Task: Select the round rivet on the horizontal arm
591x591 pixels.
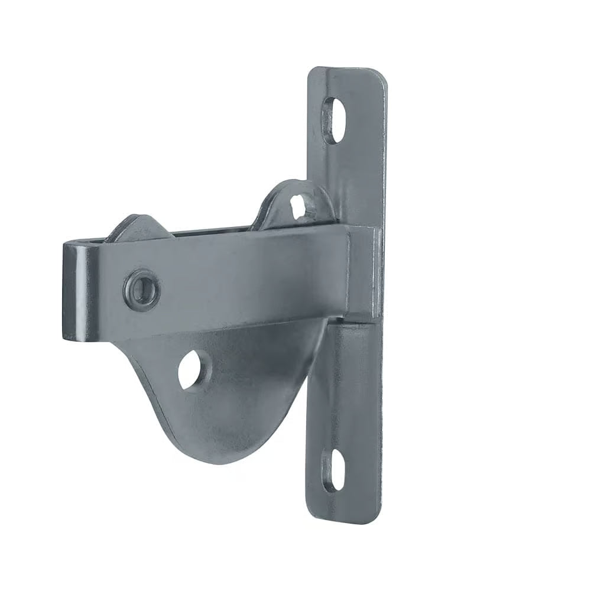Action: tap(141, 288)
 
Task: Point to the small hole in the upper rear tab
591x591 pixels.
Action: tap(300, 205)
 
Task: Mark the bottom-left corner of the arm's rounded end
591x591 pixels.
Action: tap(66, 338)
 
